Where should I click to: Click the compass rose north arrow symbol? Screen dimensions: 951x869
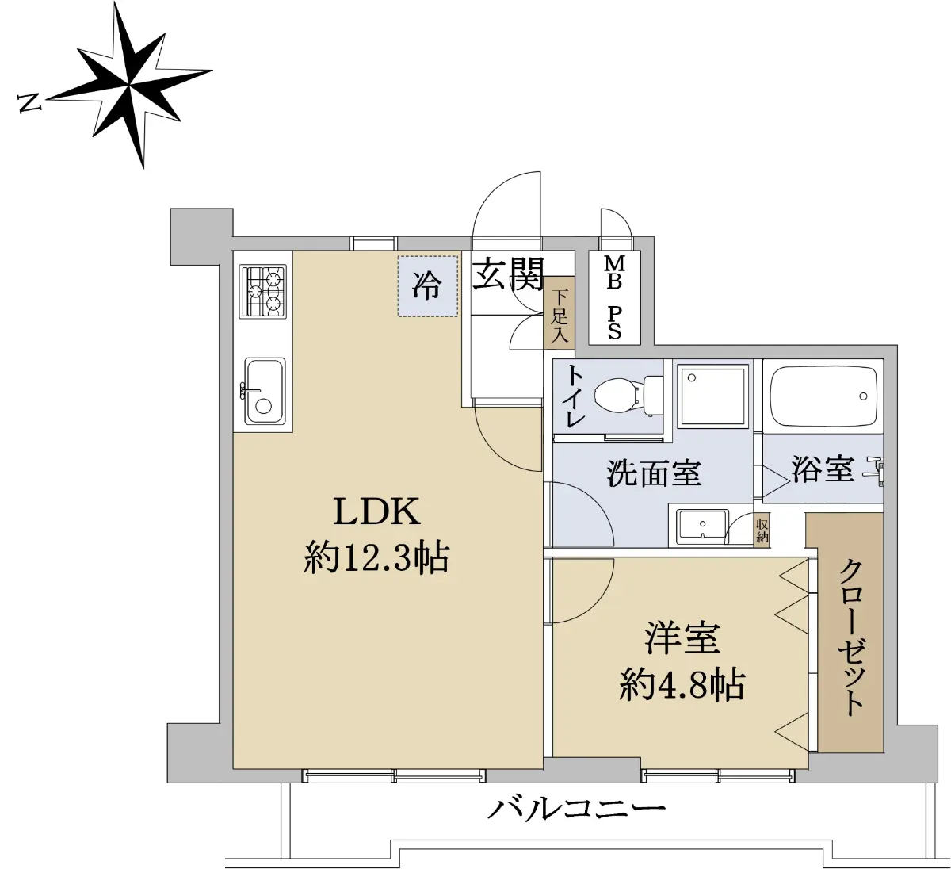[129, 86]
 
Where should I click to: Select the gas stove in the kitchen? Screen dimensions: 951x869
[263, 291]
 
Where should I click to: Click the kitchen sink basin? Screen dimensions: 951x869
[265, 392]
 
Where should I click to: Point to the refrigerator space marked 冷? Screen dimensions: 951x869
[428, 286]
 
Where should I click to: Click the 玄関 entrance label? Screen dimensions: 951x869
[508, 274]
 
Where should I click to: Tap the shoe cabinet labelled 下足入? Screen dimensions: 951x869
[559, 313]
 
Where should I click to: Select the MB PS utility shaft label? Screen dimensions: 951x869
[614, 297]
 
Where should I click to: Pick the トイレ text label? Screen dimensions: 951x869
[575, 397]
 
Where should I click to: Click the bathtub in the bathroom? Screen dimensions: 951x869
[823, 396]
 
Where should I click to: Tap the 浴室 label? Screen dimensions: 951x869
[823, 469]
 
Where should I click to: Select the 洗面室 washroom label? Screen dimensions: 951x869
[655, 473]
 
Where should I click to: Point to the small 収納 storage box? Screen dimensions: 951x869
[762, 530]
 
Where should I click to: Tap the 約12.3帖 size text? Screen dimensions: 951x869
[376, 558]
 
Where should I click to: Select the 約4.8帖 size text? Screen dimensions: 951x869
[682, 684]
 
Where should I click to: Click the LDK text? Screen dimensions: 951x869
[377, 511]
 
